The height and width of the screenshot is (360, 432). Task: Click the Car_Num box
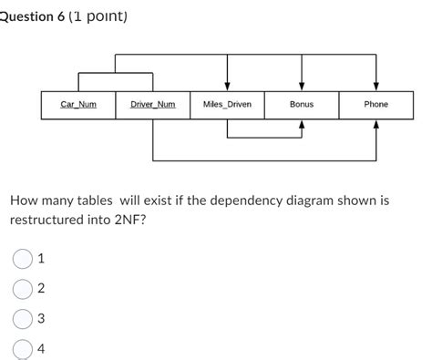pos(78,105)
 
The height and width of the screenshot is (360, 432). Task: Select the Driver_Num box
pos(153,105)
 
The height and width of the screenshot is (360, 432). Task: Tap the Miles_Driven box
pos(227,105)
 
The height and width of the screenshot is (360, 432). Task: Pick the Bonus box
pos(302,105)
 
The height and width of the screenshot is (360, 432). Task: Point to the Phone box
pos(376,105)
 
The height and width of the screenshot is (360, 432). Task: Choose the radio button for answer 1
pos(23,259)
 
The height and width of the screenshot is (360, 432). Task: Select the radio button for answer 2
pos(23,289)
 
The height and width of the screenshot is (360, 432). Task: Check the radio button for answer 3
pos(23,319)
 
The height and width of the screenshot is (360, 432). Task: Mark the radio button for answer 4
pos(23,348)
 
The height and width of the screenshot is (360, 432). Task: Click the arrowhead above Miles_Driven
pos(227,86)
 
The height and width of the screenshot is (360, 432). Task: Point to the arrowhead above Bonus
pos(302,86)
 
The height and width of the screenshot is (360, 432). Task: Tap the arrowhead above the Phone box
pos(376,86)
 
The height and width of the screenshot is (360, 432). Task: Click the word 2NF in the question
pos(126,220)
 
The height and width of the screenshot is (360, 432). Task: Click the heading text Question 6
pos(36,15)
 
